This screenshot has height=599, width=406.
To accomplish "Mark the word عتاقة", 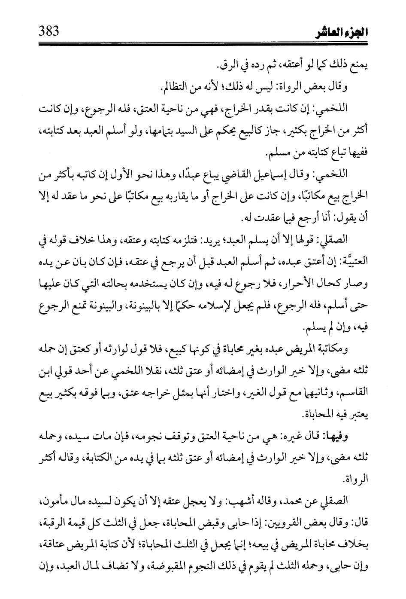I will (54, 548).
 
